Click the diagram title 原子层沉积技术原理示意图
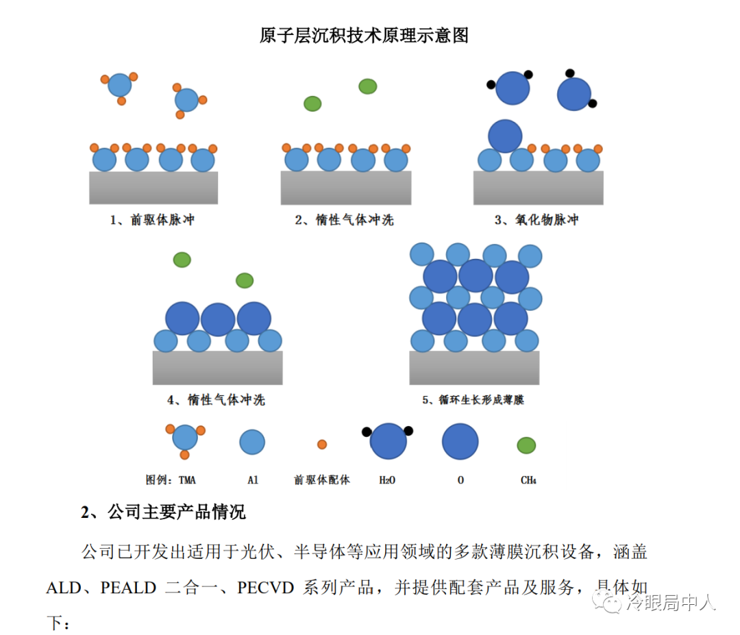364,36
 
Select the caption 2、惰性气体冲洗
345,220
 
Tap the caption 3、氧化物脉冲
536,220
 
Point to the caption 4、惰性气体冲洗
216,400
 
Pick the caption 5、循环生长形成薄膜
473,400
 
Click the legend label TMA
187,480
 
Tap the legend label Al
253,480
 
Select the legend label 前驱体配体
322,480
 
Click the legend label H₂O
387,480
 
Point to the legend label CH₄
528,480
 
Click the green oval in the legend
526,445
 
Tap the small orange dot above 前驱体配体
322,445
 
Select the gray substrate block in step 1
153,188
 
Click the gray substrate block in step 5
474,368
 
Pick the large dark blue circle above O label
460,442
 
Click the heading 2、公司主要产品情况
163,512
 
